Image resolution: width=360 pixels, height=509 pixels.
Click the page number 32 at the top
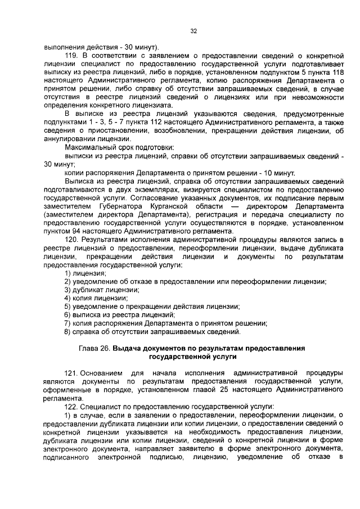click(x=193, y=31)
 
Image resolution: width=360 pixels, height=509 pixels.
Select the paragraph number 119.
click(x=71, y=56)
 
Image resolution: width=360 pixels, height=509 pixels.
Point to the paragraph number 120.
click(x=71, y=240)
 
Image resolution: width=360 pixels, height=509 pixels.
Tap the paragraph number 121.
click(x=71, y=373)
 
